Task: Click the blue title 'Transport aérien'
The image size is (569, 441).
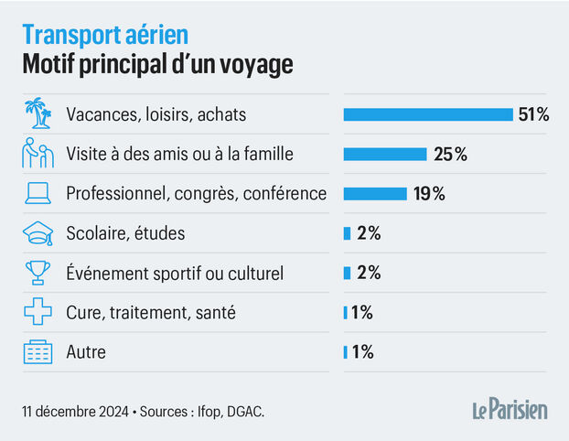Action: point(105,36)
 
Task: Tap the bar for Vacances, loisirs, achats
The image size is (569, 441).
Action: point(428,114)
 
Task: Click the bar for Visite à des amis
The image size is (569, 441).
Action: point(385,154)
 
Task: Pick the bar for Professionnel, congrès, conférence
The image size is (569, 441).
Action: point(375,193)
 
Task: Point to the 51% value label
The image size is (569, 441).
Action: point(533,114)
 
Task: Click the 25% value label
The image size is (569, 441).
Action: point(450,154)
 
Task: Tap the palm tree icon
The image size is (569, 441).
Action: point(38,114)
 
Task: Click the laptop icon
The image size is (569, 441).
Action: point(38,194)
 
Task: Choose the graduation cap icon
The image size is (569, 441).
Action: point(38,233)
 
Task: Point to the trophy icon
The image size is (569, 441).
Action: point(38,273)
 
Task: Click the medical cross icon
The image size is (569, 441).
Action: point(38,312)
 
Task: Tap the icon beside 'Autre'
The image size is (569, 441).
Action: point(38,351)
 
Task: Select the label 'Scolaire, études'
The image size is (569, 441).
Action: point(125,233)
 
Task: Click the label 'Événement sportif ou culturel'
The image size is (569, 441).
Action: point(175,273)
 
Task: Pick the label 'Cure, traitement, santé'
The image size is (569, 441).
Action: point(151,312)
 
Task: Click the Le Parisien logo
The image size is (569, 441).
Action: point(510,409)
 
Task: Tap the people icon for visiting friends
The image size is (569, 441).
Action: point(38,154)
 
